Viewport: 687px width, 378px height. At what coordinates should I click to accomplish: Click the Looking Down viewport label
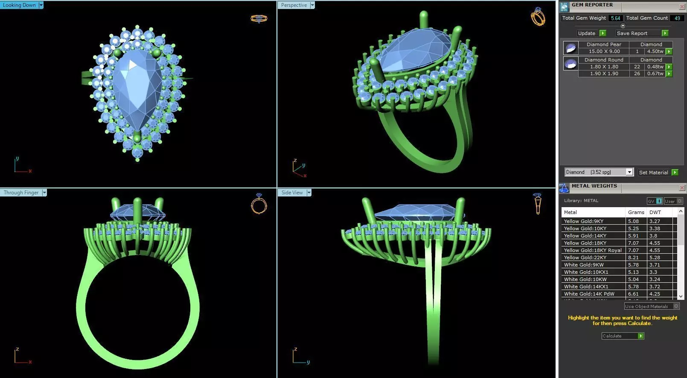click(19, 5)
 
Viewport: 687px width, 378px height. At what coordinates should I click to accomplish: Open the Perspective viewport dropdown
click(312, 5)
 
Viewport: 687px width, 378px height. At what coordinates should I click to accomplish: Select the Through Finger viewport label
click(21, 193)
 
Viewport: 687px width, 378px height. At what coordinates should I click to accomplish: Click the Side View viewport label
click(292, 193)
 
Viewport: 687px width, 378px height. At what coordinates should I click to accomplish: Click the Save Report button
click(632, 33)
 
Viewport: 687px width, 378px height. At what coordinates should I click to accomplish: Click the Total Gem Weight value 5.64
click(615, 18)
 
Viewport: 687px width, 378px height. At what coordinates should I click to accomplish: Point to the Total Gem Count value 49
click(677, 18)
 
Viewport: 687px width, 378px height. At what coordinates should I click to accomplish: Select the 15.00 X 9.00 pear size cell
click(604, 51)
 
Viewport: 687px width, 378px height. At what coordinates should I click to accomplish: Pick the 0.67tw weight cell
click(655, 73)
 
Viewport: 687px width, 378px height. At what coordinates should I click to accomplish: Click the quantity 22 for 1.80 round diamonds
click(637, 67)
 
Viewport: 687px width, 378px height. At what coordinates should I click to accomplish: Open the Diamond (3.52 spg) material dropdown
click(629, 172)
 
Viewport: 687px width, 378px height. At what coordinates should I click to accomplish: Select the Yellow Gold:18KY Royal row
click(593, 250)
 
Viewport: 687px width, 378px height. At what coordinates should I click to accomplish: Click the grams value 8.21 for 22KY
click(633, 258)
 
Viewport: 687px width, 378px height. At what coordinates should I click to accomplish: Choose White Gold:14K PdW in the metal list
click(589, 294)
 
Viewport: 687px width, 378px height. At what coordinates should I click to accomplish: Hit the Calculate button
click(622, 336)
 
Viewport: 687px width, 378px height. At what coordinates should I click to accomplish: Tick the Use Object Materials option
click(676, 306)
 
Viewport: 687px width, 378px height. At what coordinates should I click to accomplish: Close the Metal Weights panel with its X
click(682, 188)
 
